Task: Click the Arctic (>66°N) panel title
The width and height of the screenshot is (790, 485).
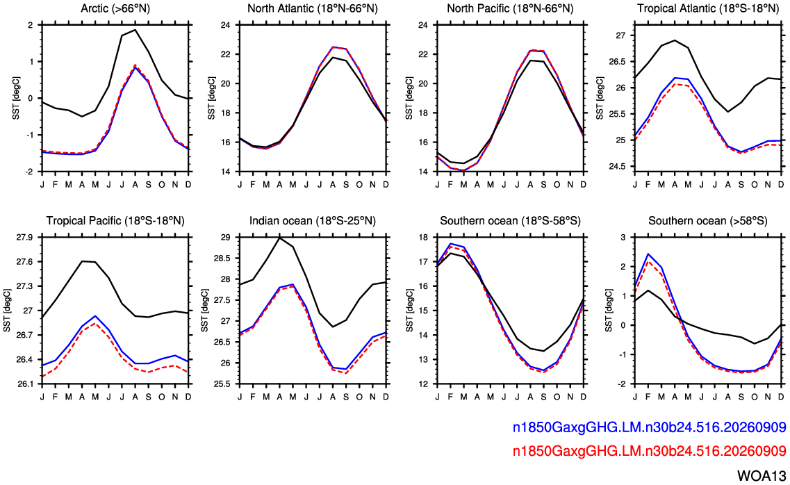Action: (x=115, y=8)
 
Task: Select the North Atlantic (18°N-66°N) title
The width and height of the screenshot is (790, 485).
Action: (x=313, y=8)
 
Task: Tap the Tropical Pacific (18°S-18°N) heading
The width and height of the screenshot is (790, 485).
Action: (x=115, y=220)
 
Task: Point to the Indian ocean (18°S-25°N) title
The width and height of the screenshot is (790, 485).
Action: (x=313, y=220)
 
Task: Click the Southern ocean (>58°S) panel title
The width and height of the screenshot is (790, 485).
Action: (x=708, y=220)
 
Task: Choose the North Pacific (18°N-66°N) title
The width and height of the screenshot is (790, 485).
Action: (x=510, y=8)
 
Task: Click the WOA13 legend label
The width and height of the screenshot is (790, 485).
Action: (x=762, y=475)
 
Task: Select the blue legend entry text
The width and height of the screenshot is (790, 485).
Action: (x=650, y=427)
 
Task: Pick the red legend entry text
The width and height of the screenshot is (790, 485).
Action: (x=650, y=451)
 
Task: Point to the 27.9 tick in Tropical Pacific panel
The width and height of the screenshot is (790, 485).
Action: (x=25, y=237)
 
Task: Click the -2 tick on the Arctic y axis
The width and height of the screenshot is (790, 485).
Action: (x=30, y=172)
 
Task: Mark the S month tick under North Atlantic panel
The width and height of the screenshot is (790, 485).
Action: (x=346, y=185)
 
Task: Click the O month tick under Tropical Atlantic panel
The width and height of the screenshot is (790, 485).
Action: (x=755, y=185)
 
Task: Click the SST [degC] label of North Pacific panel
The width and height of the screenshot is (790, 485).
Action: (x=409, y=98)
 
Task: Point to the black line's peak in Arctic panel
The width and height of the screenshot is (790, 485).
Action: (x=135, y=30)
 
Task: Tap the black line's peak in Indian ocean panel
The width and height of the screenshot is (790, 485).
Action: (x=279, y=237)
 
